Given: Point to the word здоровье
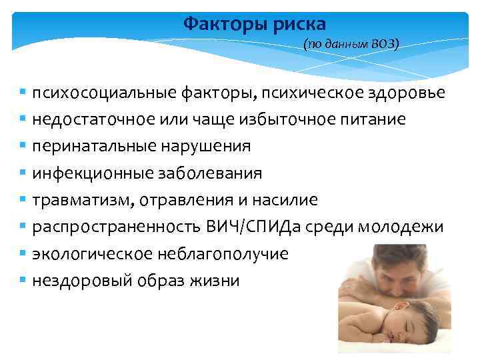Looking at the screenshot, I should [406, 93].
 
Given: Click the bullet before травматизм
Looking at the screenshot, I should [23, 200].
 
